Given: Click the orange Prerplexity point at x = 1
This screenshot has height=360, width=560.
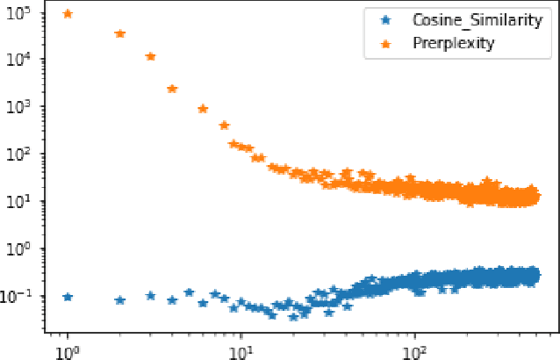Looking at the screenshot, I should coord(68,14).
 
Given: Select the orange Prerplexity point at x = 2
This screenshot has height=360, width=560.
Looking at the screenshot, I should coord(120,33).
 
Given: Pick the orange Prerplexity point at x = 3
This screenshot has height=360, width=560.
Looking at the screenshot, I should coord(150,56).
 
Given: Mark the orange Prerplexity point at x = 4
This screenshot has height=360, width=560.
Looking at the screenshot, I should coord(172,89).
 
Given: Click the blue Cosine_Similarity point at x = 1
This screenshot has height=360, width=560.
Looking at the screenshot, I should coord(68,297).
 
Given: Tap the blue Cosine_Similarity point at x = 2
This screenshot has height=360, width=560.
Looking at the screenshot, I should coord(120,300).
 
